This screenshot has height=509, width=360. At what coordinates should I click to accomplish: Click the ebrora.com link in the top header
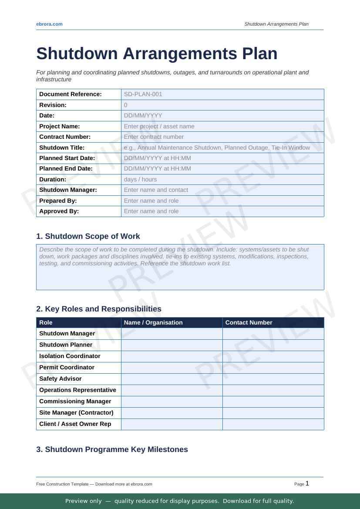click(x=49, y=24)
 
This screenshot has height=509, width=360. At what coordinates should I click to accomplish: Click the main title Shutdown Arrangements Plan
click(x=157, y=54)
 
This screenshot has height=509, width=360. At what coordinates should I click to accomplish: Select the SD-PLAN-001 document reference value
click(x=143, y=94)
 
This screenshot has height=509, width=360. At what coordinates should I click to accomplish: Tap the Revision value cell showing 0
click(x=222, y=105)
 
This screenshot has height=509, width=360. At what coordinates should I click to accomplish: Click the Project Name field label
click(x=60, y=126)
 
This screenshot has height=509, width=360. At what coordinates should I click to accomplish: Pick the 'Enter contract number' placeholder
click(x=154, y=137)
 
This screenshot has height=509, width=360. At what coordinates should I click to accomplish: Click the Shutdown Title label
click(x=62, y=147)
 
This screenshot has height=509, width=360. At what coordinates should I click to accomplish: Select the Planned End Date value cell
click(x=222, y=169)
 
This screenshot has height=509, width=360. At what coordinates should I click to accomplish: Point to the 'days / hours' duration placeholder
click(x=140, y=179)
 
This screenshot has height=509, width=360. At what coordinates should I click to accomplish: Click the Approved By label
click(x=59, y=211)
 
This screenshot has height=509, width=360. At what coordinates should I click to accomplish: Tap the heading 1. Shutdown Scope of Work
click(x=88, y=236)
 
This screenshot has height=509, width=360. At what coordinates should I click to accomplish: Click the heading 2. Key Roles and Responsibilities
click(x=99, y=309)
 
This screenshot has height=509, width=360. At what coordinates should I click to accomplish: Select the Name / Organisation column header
click(x=153, y=322)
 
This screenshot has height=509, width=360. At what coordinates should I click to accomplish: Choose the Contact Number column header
click(x=249, y=322)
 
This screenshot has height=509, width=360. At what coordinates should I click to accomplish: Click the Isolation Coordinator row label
click(x=70, y=356)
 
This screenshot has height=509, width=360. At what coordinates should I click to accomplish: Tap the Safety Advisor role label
click(x=61, y=378)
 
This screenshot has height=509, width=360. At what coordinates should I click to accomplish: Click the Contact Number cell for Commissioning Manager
click(x=273, y=401)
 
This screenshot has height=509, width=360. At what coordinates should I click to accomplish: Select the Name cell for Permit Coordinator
click(x=172, y=367)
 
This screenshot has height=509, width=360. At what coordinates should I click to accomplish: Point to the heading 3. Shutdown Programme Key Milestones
click(x=112, y=449)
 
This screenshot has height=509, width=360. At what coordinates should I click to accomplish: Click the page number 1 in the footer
click(x=307, y=483)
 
